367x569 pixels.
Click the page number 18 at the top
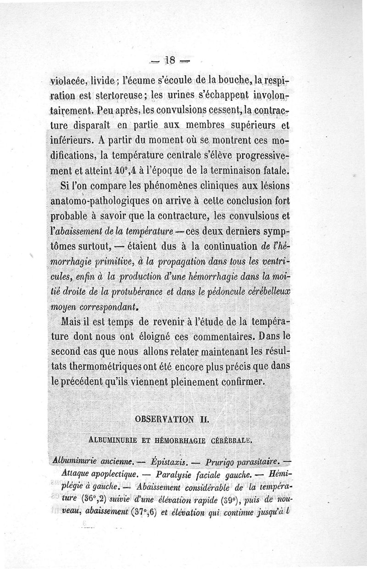tap(171, 61)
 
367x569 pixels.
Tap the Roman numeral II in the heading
tap(202, 420)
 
